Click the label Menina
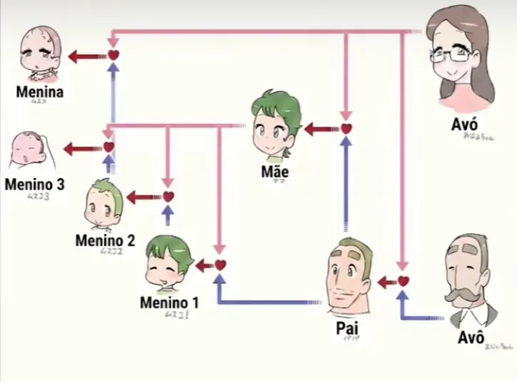tap(41, 92)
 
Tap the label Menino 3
tap(34, 184)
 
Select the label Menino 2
tap(105, 240)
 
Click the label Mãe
tap(275, 172)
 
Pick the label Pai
tap(346, 328)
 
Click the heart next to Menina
tap(113, 54)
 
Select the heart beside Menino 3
tap(109, 147)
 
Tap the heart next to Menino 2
tap(169, 196)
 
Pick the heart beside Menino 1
tap(220, 265)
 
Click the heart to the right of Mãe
tap(346, 129)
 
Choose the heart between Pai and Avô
tap(403, 281)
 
